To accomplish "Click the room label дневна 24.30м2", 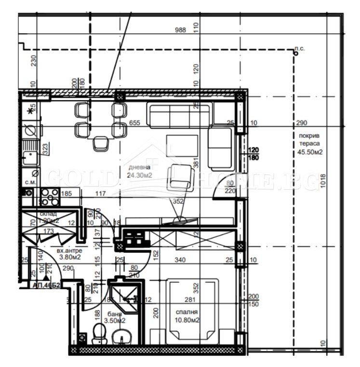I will pos(140,171).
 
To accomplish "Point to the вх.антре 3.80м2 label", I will pos(69,254).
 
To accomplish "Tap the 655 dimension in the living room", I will pos(134,123).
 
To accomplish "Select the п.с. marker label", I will pos(299,49).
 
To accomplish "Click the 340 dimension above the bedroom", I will pos(180,261).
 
